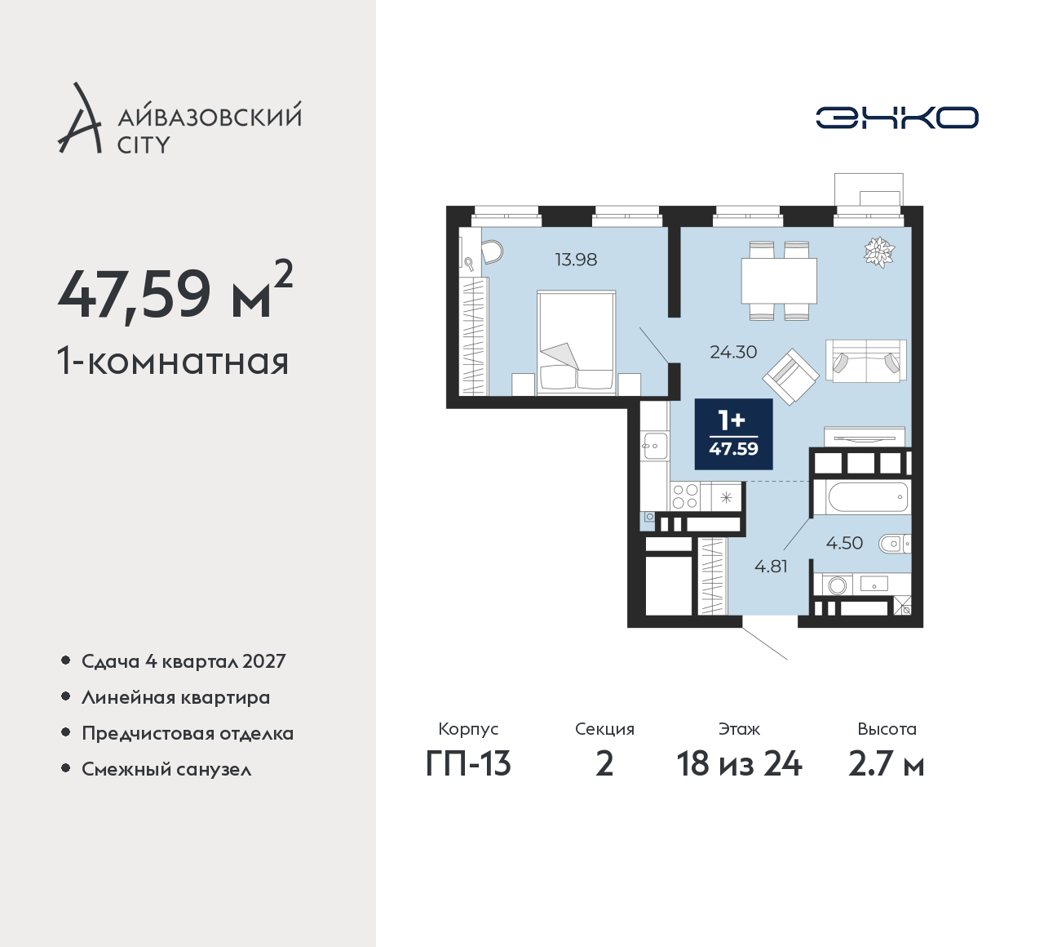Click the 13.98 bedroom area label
pyautogui.click(x=576, y=260)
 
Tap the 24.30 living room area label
pyautogui.click(x=733, y=352)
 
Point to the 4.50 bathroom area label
pyautogui.click(x=845, y=544)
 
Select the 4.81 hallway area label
pyautogui.click(x=771, y=567)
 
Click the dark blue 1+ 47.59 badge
pyautogui.click(x=734, y=434)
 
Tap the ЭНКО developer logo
pyautogui.click(x=897, y=118)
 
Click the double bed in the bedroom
pyautogui.click(x=577, y=342)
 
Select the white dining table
pyautogui.click(x=779, y=281)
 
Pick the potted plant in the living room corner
pyautogui.click(x=879, y=252)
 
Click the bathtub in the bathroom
pyautogui.click(x=868, y=497)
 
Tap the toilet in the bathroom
pyautogui.click(x=895, y=545)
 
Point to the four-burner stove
pyautogui.click(x=685, y=496)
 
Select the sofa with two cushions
pyautogui.click(x=866, y=361)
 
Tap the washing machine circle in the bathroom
pyautogui.click(x=838, y=586)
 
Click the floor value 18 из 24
pyautogui.click(x=739, y=764)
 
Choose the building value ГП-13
pyautogui.click(x=468, y=764)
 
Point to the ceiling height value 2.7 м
pyautogui.click(x=887, y=765)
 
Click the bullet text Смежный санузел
pyautogui.click(x=166, y=769)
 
